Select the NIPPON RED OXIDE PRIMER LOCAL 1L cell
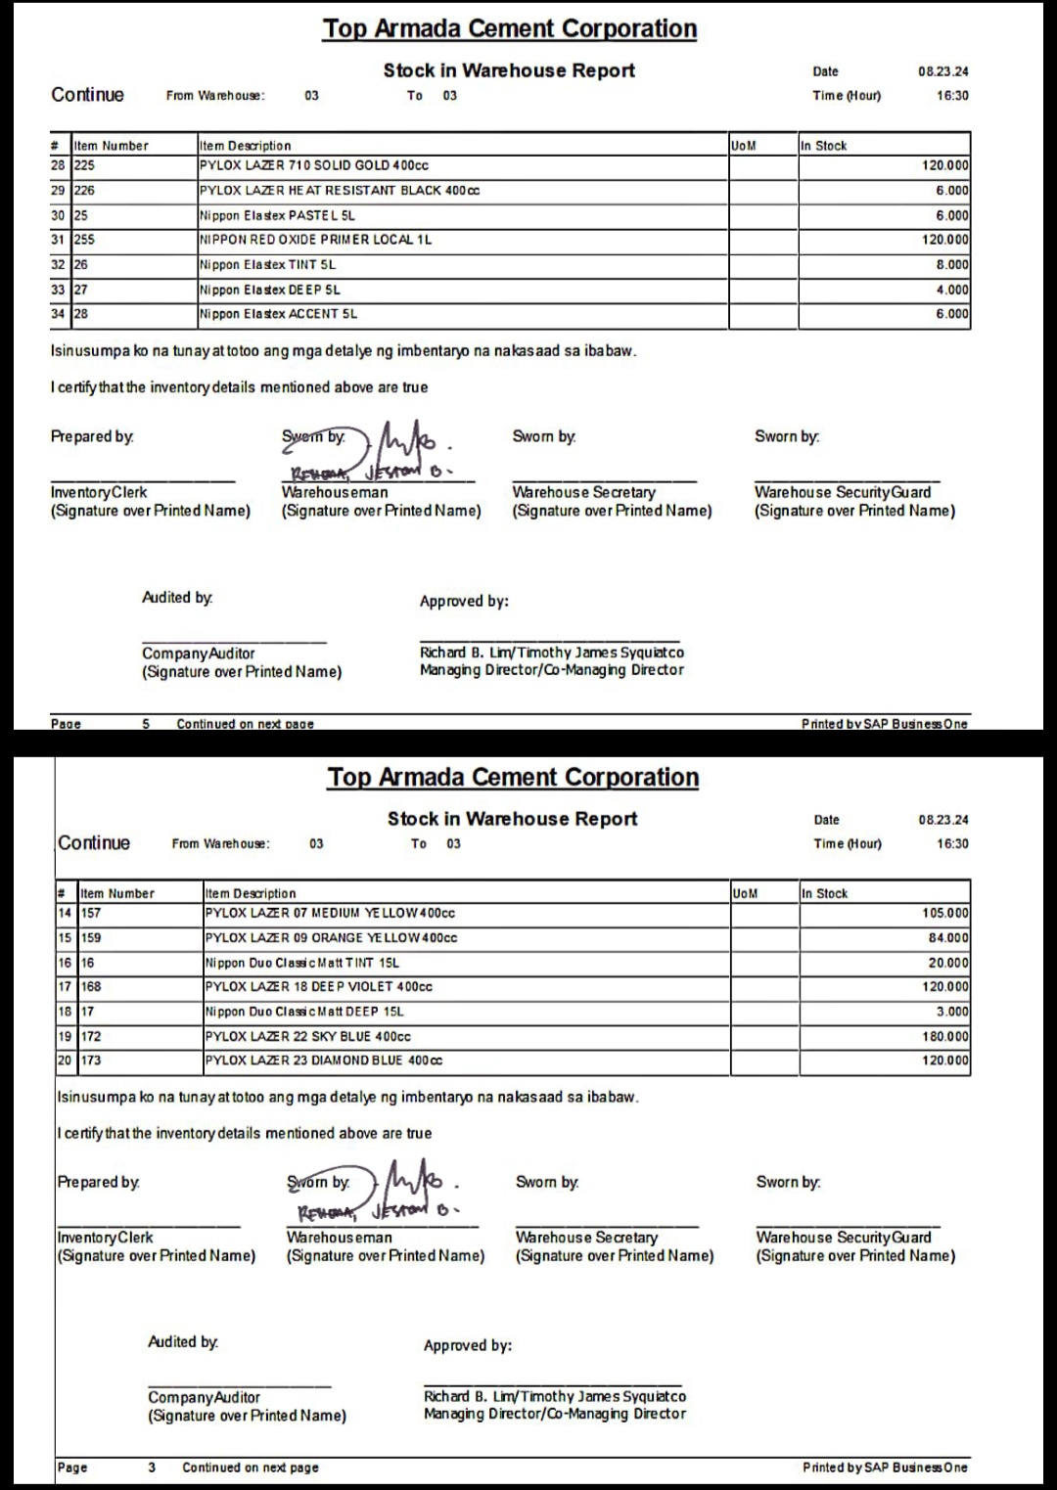coord(315,240)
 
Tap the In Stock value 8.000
coord(951,265)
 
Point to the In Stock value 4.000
coord(951,290)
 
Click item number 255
coord(85,240)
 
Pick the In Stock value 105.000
coord(944,913)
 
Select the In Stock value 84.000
coord(948,938)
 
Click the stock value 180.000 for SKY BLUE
coord(944,1036)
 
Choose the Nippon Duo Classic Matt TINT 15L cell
coord(302,963)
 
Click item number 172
coord(91,1036)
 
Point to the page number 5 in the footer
coord(146,724)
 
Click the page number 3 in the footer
coord(152,1467)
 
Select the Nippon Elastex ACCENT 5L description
coord(278,314)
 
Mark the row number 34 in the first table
coord(58,314)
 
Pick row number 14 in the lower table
coord(65,913)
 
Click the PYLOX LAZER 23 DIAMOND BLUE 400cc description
coord(323,1061)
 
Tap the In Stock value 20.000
coord(948,963)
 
